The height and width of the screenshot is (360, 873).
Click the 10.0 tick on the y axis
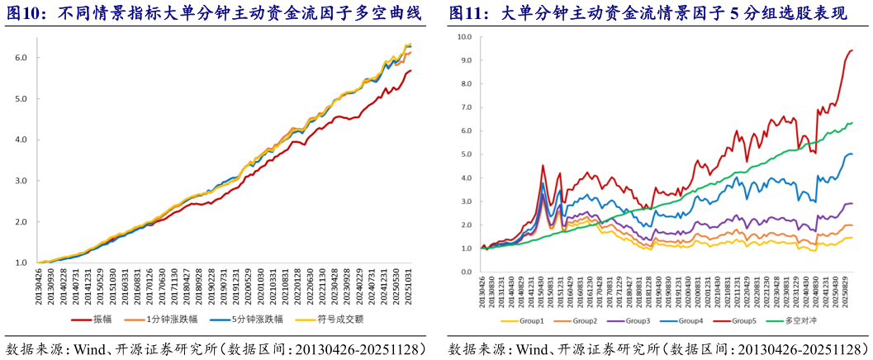tap(463, 37)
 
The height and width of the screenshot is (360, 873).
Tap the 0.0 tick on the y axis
tap(465, 272)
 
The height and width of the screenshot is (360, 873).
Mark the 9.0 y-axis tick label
tap(465, 60)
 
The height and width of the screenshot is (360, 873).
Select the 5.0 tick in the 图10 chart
tap(22, 99)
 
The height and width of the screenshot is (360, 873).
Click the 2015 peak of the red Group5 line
tap(543, 165)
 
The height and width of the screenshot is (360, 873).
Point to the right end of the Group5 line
tap(852, 51)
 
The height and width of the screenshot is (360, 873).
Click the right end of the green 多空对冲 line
tap(852, 123)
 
